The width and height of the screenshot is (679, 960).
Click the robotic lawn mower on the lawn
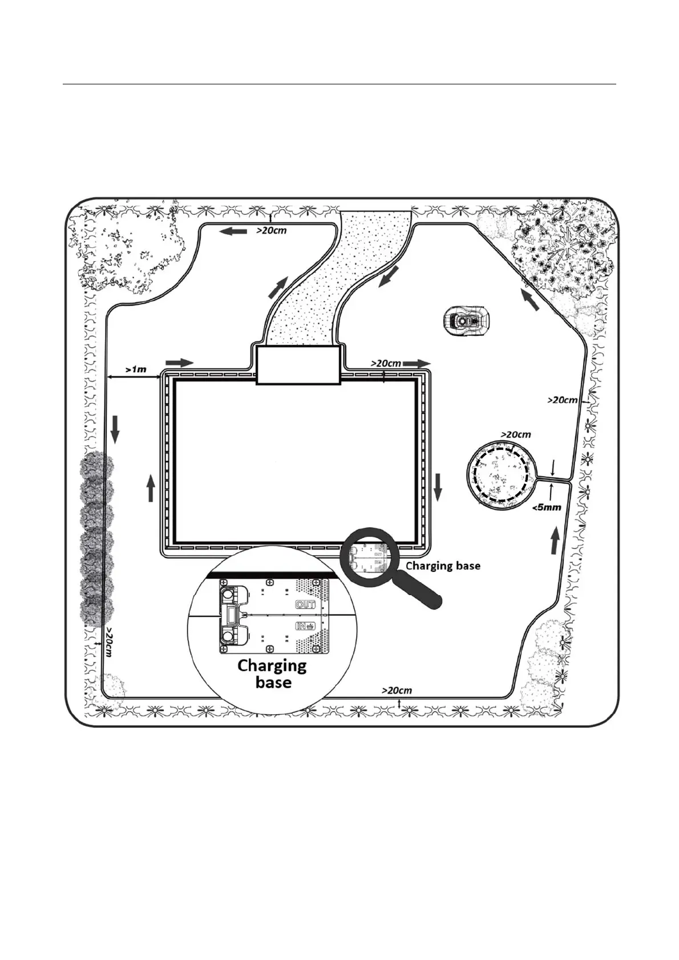tap(466, 317)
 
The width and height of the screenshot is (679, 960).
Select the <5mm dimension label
tap(546, 507)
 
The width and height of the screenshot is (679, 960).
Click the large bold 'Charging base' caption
tap(272, 674)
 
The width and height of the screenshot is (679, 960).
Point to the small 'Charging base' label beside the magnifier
tap(443, 566)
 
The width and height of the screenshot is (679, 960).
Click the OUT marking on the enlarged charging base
tap(306, 604)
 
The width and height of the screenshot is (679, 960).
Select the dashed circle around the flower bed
tap(502, 473)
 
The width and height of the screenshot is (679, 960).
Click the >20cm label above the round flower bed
tap(516, 434)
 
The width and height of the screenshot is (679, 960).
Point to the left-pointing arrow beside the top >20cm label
tap(233, 231)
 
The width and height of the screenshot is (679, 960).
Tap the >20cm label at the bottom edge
tap(397, 690)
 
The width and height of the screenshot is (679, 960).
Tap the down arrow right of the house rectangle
tap(438, 487)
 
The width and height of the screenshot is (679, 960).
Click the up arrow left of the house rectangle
tap(151, 488)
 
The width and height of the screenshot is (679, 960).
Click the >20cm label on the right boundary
tap(563, 400)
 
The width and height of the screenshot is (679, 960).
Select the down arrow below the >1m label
tap(115, 429)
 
